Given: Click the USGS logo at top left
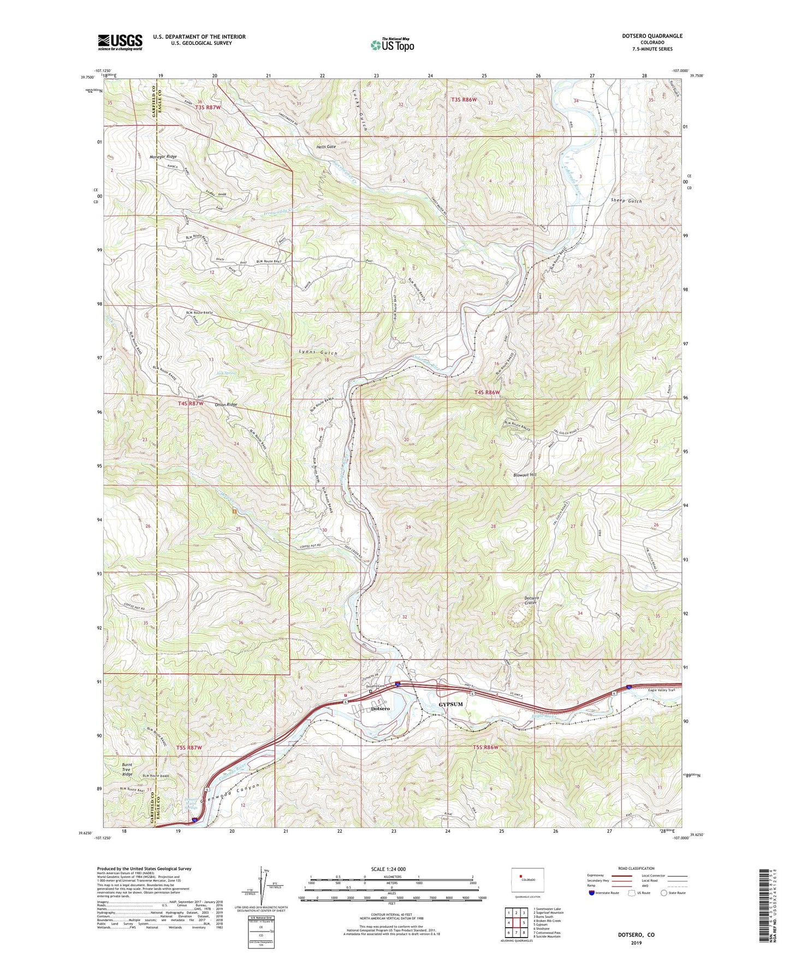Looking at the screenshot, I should (120, 42).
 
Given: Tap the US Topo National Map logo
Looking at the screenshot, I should (391, 45).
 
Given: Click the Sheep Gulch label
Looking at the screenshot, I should (626, 201).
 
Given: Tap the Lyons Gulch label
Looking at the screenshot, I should (318, 353).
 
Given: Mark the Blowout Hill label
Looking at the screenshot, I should (525, 475).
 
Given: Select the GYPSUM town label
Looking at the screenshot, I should (450, 704).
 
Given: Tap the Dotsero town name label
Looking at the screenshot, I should (380, 709).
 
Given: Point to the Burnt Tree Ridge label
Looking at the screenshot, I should (127, 769).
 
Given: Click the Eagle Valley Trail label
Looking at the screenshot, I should (659, 690).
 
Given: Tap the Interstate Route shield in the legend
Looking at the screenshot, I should (592, 893).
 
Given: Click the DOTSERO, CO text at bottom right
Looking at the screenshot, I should (636, 935).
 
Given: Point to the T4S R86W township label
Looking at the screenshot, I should (487, 392).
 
